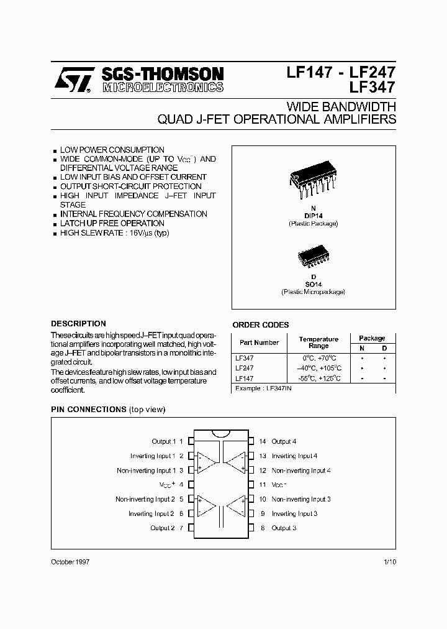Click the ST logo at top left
pyautogui.click(x=73, y=80)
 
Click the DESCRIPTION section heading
pyautogui.click(x=78, y=324)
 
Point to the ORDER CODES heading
pyautogui.click(x=260, y=324)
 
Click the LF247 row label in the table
pyautogui.click(x=244, y=368)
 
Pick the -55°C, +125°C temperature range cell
pyautogui.click(x=318, y=378)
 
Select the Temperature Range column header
pyautogui.click(x=318, y=342)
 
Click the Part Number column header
pyautogui.click(x=259, y=342)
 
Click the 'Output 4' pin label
pyautogui.click(x=284, y=441)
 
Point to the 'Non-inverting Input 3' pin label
pyautogui.click(x=301, y=499)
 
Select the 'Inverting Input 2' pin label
pyautogui.click(x=151, y=513)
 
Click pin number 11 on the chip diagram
pyautogui.click(x=263, y=485)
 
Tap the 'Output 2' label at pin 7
pyautogui.click(x=163, y=528)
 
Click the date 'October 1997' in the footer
pyautogui.click(x=70, y=561)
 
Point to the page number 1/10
pyautogui.click(x=389, y=561)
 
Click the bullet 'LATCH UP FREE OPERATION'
pyautogui.click(x=112, y=223)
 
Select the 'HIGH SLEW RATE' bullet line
pyautogui.click(x=114, y=233)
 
